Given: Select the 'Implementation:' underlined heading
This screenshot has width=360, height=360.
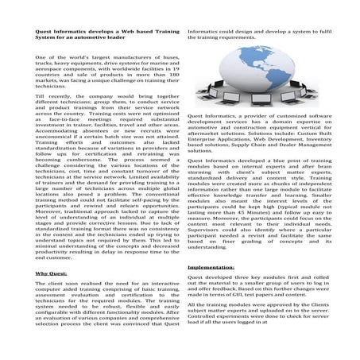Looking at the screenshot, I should tap(214, 268).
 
